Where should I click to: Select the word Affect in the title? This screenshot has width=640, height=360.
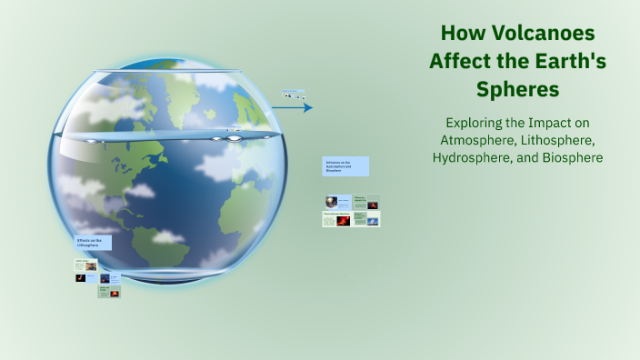coord(460,62)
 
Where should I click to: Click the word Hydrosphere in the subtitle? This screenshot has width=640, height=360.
coord(477,157)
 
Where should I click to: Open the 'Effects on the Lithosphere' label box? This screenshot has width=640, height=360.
coord(93,243)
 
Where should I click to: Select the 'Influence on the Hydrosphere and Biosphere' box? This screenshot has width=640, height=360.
coord(345,166)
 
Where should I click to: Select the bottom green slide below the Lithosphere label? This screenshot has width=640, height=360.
coord(109,292)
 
